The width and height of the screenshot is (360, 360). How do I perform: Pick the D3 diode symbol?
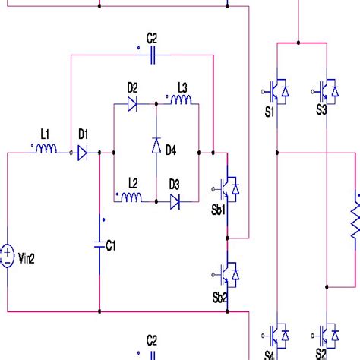[x=175, y=202]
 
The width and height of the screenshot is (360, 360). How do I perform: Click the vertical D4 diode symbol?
[x=156, y=144]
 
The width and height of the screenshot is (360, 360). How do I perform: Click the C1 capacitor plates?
[x=100, y=244]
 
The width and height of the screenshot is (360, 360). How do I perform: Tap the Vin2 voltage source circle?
[x=7, y=254]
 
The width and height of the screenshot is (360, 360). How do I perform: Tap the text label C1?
[x=112, y=245]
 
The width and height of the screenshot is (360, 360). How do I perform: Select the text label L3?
[x=182, y=87]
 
